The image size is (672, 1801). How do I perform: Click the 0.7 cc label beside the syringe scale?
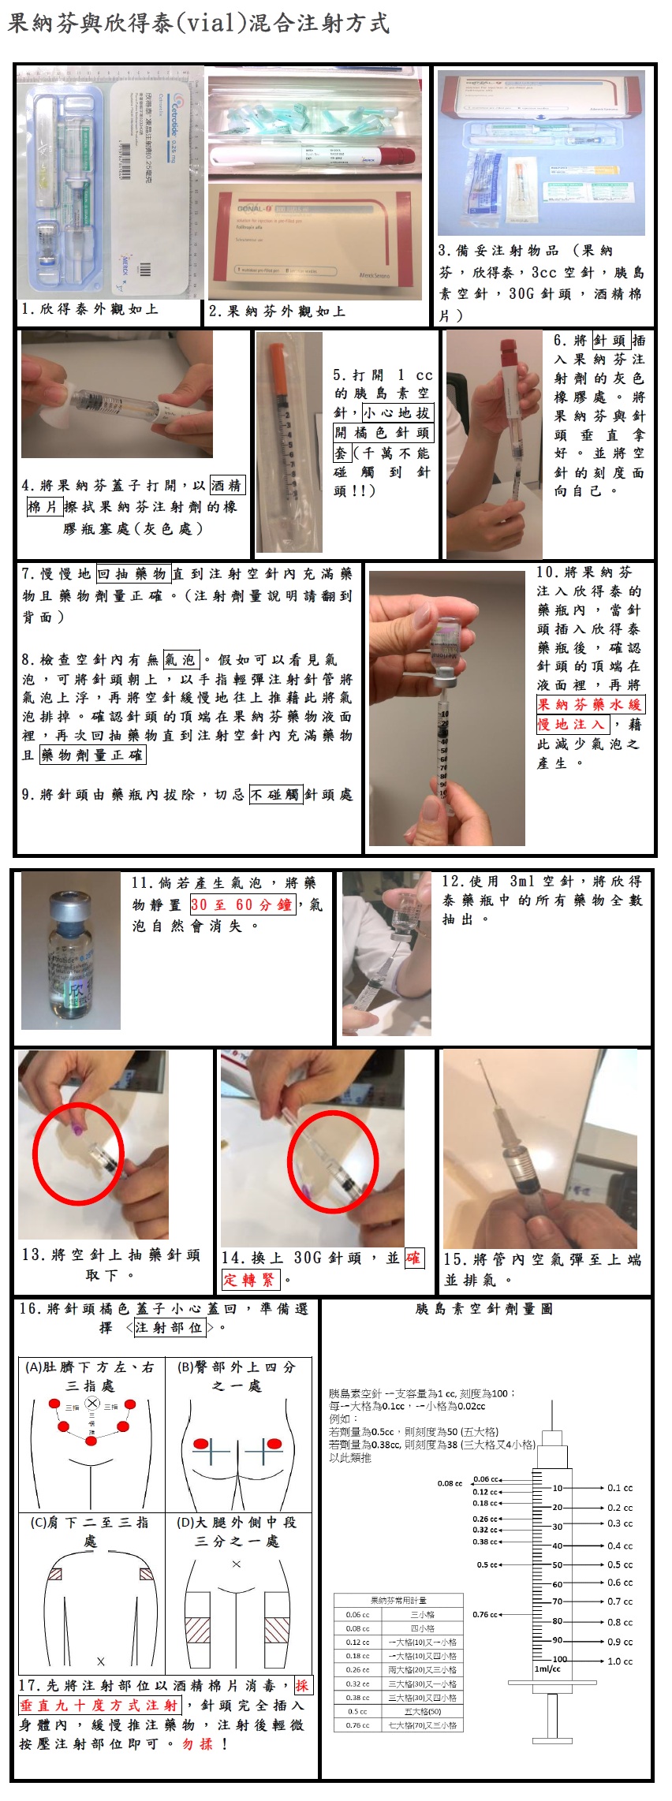coord(619,1602)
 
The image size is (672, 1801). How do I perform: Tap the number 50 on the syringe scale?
coord(558,1564)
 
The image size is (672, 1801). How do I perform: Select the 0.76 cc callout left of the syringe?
coord(485,1614)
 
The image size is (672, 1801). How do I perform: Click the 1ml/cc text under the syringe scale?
coord(547,1669)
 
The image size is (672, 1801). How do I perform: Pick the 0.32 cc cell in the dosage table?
coord(357,1684)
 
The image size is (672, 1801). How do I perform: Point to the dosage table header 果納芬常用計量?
coord(398,1600)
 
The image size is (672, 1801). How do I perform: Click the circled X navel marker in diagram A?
coord(92,1403)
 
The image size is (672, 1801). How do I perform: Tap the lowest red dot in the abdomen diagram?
coord(91,1441)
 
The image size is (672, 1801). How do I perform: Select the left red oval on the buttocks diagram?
coord(201,1444)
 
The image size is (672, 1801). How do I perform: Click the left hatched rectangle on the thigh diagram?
coord(198,1630)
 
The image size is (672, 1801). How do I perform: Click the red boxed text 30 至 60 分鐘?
coord(242,904)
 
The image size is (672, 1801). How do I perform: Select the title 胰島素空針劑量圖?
coord(483,1308)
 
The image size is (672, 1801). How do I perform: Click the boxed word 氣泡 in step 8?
coord(181,659)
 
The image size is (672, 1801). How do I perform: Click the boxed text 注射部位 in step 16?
coord(169,1327)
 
